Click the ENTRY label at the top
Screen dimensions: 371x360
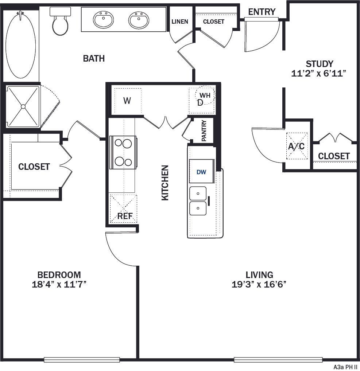point(262,12)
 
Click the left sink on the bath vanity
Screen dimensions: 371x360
point(103,20)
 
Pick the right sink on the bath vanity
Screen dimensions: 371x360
point(139,20)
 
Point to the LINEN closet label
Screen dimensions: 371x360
point(180,22)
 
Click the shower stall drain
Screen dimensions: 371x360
point(23,106)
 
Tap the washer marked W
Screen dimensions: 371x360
point(127,101)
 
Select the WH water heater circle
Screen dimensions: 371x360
point(205,95)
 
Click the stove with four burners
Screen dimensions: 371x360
point(123,152)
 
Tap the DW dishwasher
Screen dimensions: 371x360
point(201,171)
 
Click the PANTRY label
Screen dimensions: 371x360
point(204,131)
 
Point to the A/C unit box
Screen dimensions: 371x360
point(296,146)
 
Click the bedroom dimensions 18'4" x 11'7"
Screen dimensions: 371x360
point(59,284)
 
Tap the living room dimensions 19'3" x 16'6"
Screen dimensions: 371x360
point(259,284)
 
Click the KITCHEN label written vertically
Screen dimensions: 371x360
point(165,183)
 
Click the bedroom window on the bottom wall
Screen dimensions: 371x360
point(82,360)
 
